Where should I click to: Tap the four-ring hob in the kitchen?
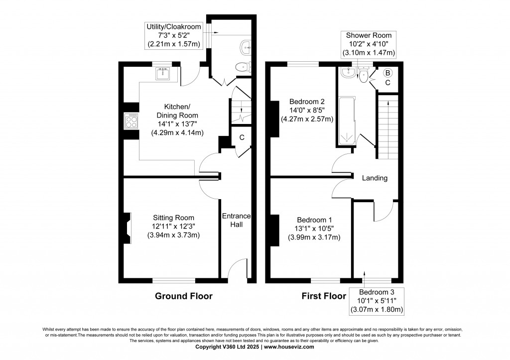[x=131, y=121]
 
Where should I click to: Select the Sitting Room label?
[x=174, y=218]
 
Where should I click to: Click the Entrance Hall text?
[x=237, y=220]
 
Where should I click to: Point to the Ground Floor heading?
[x=183, y=296]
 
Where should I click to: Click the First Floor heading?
[x=324, y=296]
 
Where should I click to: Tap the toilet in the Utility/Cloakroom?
[x=243, y=67]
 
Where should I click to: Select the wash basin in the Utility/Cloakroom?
[x=245, y=48]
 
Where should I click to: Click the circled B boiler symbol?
[x=387, y=73]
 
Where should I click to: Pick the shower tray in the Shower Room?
[x=347, y=120]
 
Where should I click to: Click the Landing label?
[x=375, y=178]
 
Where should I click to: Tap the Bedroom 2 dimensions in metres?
[x=307, y=119]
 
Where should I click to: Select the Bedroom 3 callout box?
[x=377, y=301]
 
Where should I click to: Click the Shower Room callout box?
[x=369, y=44]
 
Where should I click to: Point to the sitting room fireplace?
[x=127, y=228]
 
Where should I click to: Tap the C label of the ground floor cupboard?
[x=242, y=137]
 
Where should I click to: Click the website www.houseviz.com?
[x=289, y=347]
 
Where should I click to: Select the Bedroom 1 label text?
[x=314, y=220]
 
